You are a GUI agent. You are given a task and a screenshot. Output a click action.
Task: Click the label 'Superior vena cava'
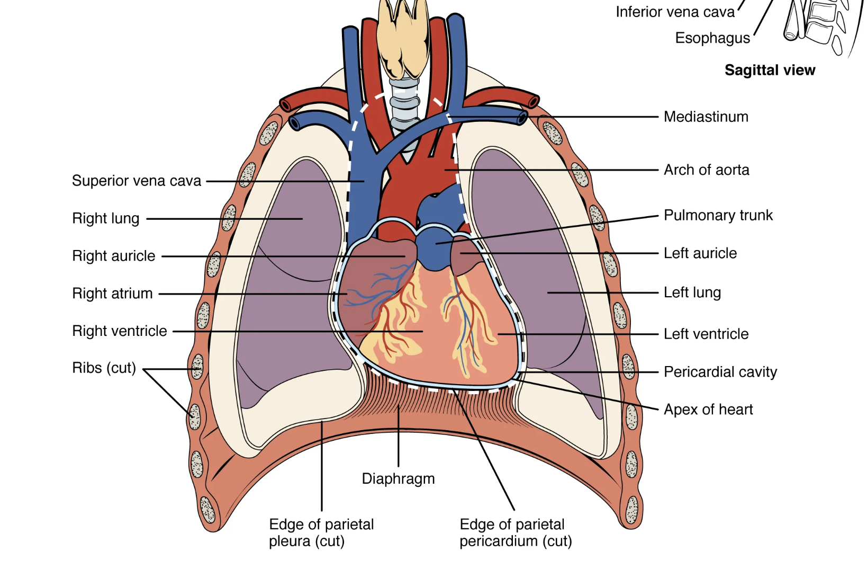(x=137, y=181)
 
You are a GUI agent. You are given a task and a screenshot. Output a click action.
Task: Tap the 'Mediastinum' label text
(x=706, y=117)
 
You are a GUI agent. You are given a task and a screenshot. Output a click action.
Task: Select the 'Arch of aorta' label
(x=706, y=170)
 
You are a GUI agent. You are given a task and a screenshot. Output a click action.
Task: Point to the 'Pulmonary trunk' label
(x=718, y=216)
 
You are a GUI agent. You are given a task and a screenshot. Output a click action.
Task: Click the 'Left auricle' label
(x=700, y=253)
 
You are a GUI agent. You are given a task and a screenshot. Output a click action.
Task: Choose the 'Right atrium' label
(x=112, y=294)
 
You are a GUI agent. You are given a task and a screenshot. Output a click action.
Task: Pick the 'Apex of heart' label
(x=708, y=410)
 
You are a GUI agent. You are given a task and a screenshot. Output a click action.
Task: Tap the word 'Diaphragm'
(x=398, y=479)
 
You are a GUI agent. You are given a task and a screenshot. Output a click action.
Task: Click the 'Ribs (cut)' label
(x=104, y=368)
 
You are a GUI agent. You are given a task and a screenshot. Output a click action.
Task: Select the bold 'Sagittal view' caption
(x=770, y=70)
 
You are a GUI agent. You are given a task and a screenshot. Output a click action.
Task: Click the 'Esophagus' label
(x=712, y=38)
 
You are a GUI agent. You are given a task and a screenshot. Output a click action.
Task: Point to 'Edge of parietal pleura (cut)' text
(x=321, y=532)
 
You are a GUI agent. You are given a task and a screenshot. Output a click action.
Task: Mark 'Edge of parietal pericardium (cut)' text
(x=515, y=532)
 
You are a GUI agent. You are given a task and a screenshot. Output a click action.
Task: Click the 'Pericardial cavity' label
(x=720, y=372)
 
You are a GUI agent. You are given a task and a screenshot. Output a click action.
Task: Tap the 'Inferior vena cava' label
(x=675, y=12)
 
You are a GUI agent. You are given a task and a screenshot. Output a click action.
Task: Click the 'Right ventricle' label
(x=120, y=331)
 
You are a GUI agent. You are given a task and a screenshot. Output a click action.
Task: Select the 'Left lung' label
(x=692, y=292)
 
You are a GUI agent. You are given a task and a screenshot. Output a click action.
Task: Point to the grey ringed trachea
(x=404, y=106)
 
